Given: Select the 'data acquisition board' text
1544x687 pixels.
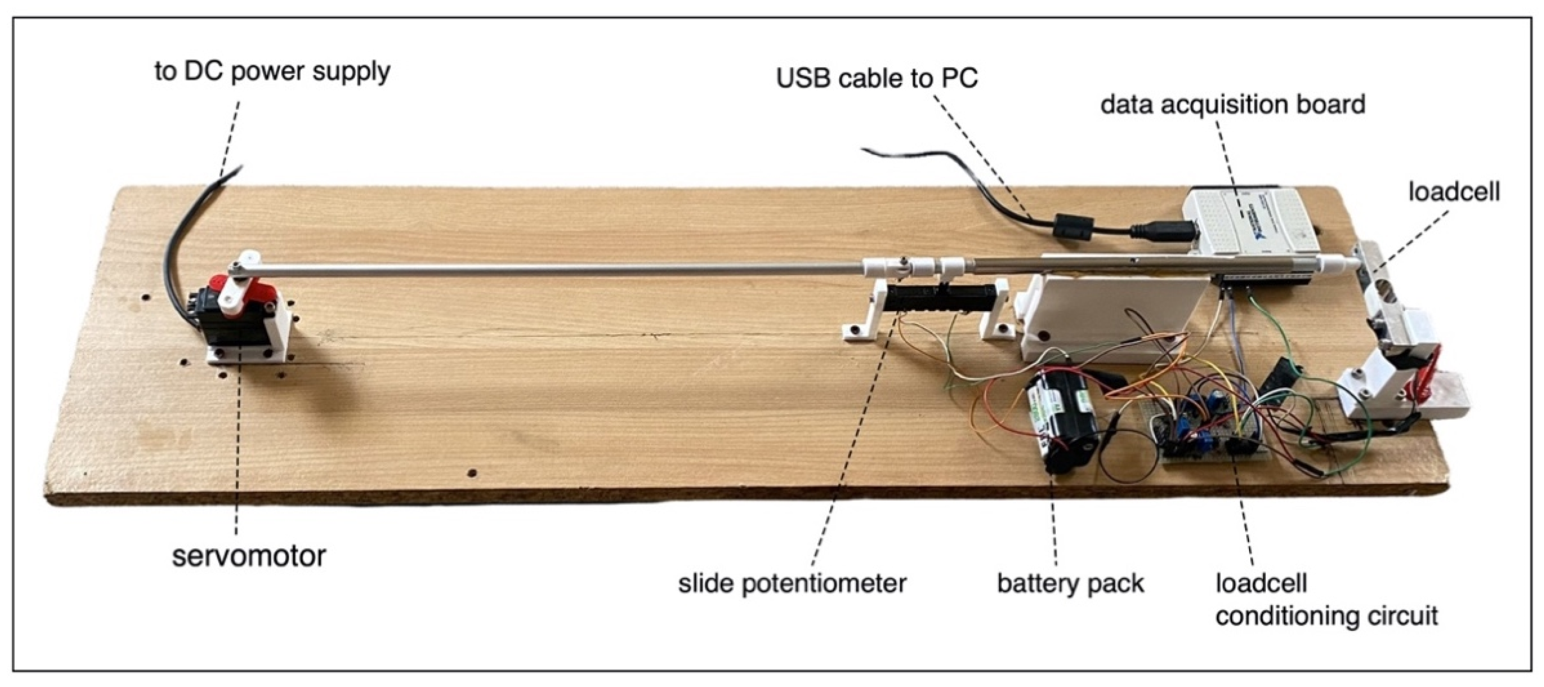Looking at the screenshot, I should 1233,105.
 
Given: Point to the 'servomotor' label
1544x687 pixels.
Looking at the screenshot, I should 249,556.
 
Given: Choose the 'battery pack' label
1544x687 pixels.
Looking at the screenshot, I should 1070,583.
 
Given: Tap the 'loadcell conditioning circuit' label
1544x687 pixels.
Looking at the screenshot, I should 1326,599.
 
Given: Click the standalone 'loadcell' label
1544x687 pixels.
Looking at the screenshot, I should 1454,192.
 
